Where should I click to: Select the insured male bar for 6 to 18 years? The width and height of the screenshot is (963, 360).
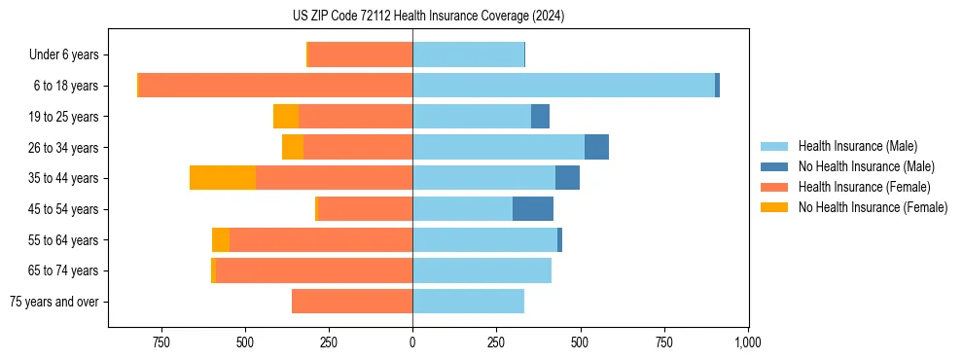pyautogui.click(x=563, y=86)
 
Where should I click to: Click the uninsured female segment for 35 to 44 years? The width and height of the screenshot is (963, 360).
pyautogui.click(x=223, y=178)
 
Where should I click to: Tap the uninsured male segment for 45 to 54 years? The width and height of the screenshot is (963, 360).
pyautogui.click(x=533, y=209)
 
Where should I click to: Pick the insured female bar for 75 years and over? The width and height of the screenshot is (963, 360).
pyautogui.click(x=352, y=302)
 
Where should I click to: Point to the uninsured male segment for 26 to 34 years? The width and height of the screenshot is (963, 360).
pyautogui.click(x=596, y=148)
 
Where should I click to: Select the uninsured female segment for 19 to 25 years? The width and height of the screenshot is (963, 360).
pyautogui.click(x=286, y=117)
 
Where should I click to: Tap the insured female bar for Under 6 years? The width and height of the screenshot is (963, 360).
pyautogui.click(x=360, y=54)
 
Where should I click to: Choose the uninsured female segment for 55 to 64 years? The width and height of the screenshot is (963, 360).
pyautogui.click(x=221, y=240)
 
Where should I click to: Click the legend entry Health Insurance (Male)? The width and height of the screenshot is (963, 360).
pyautogui.click(x=856, y=146)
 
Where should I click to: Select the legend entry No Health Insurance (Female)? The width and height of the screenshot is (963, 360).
pyautogui.click(x=873, y=207)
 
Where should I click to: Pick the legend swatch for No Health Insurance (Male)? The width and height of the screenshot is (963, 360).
pyautogui.click(x=774, y=166)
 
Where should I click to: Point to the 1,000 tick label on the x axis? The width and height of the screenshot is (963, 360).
pyautogui.click(x=747, y=342)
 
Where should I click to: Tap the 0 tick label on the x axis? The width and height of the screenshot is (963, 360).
pyautogui.click(x=412, y=342)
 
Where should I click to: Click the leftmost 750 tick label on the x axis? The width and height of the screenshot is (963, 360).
pyautogui.click(x=161, y=342)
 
